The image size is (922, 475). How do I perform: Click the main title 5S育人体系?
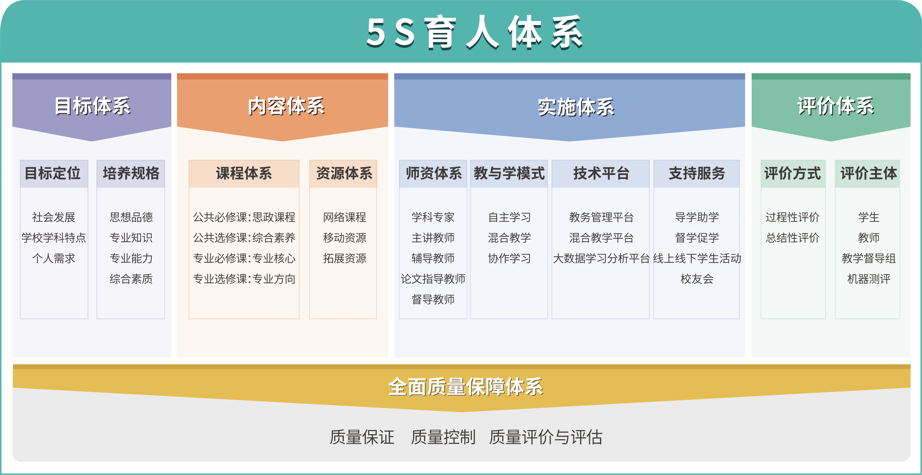(475, 32)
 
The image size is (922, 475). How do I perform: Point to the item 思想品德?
(131, 217)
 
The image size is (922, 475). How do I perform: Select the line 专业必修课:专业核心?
(244, 258)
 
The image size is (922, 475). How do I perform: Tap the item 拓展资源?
(344, 258)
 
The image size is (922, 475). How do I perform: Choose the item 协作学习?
(509, 258)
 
